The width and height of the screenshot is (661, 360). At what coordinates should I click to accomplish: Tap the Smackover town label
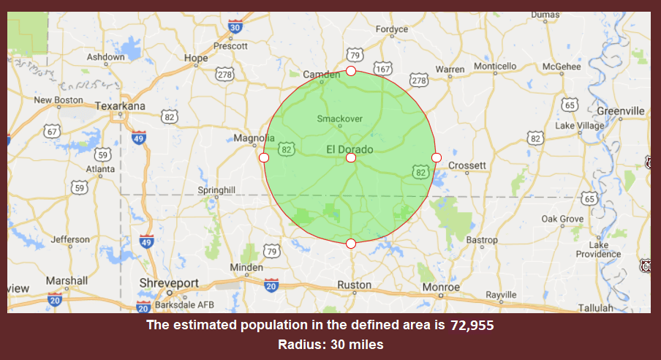click(339, 118)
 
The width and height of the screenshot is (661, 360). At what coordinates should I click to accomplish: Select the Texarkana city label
click(121, 106)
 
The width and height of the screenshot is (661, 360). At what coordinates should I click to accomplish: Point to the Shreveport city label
click(169, 282)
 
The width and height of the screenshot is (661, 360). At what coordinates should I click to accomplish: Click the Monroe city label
click(441, 287)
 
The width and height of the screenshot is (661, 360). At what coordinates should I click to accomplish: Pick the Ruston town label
click(354, 285)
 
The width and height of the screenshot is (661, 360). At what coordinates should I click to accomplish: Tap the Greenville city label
click(620, 110)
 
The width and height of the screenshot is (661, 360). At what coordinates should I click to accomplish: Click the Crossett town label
click(467, 165)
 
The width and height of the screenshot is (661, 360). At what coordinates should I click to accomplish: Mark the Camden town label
click(322, 75)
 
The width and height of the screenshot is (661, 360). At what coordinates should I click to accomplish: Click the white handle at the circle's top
click(351, 71)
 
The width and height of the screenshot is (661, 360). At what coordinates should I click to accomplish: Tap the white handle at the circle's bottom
click(351, 244)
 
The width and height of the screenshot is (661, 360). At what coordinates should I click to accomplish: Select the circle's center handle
click(351, 157)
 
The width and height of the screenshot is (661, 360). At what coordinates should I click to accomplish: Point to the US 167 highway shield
click(383, 69)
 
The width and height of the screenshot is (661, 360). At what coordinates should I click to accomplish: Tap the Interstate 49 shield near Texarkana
click(139, 136)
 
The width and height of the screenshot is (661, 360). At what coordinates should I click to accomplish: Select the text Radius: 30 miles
click(330, 344)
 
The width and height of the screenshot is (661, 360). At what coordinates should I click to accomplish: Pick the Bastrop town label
click(481, 240)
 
